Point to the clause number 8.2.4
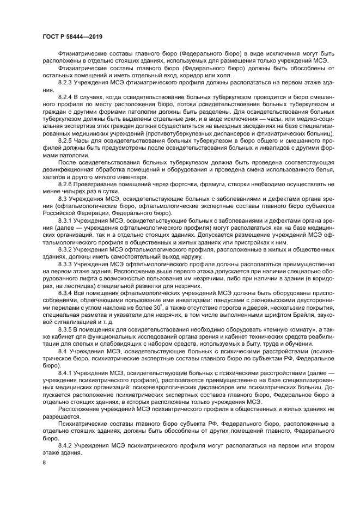tap(65, 96)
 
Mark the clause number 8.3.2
tap(65, 249)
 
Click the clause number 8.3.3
tap(65, 265)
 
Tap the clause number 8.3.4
tap(65, 294)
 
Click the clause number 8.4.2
tap(65, 445)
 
